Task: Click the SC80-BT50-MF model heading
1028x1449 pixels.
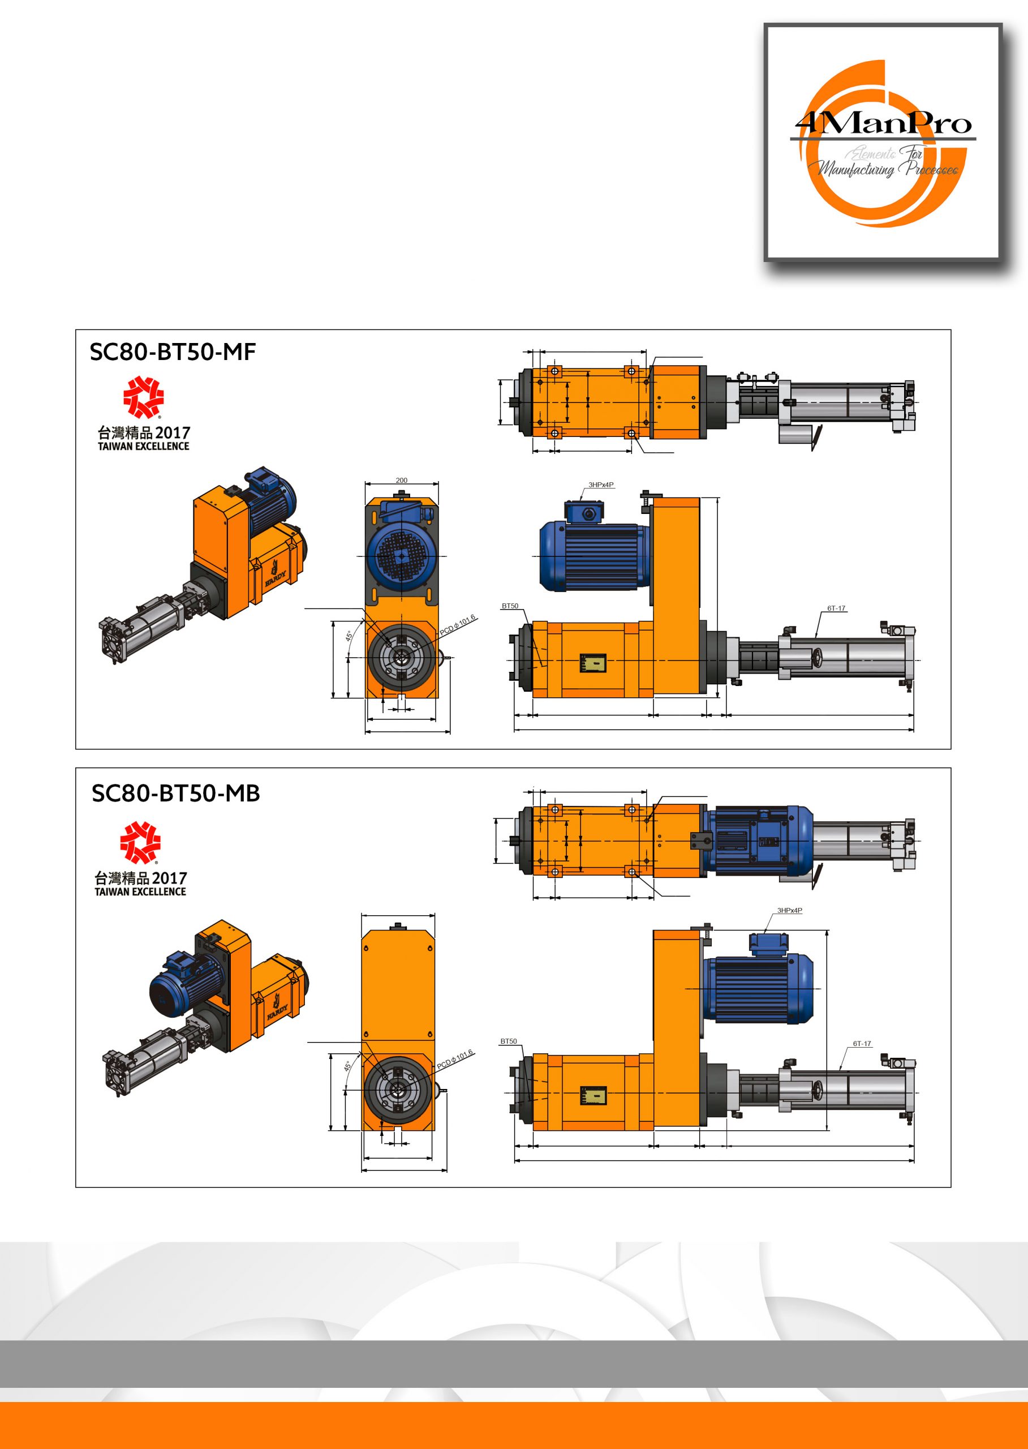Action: pos(172,352)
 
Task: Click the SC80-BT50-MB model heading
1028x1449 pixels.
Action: pos(175,794)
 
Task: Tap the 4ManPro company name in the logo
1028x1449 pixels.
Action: pos(883,123)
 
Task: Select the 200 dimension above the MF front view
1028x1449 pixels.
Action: pos(401,481)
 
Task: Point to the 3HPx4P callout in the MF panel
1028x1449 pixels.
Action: pos(601,485)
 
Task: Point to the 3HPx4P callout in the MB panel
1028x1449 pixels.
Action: pos(789,911)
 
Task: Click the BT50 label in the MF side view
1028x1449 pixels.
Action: pos(510,606)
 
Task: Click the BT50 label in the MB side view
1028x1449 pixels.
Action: pos(508,1041)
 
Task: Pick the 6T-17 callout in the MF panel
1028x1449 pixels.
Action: pos(836,608)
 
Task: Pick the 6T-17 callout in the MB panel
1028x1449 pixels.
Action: pos(862,1044)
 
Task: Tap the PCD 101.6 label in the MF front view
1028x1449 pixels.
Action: pos(457,624)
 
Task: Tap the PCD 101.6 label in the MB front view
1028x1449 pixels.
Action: pos(455,1060)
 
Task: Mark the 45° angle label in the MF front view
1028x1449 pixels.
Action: pos(349,635)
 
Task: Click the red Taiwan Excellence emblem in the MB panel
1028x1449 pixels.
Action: pos(140,842)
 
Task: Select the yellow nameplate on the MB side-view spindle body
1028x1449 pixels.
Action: pos(593,1097)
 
